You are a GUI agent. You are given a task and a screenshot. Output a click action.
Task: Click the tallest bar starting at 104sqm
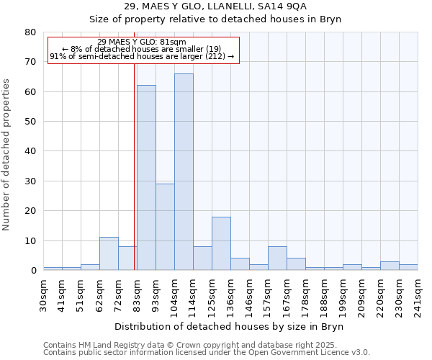(184, 172)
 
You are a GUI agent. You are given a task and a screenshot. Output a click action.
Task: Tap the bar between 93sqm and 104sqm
(165, 227)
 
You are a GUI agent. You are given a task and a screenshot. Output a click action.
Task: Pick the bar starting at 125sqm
(221, 243)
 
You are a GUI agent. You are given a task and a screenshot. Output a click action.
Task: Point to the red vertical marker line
(135, 166)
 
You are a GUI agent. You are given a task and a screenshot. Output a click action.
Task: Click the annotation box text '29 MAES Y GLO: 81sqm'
(142, 42)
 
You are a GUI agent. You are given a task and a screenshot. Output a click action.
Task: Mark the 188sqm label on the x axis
(325, 295)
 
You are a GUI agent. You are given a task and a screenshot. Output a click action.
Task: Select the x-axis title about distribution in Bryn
(229, 326)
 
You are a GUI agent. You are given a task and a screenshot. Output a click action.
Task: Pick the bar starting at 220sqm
(390, 266)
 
